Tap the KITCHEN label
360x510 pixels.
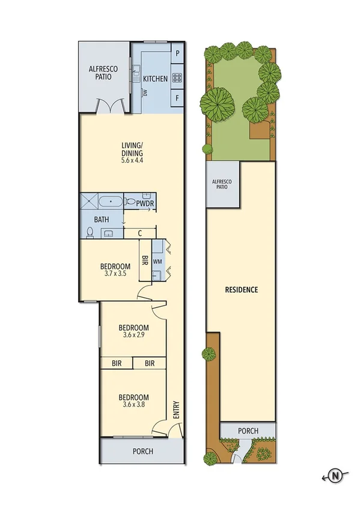(155, 79)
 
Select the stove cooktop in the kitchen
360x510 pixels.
(177, 77)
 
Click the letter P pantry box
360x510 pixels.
(177, 53)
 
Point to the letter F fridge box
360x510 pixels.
(177, 97)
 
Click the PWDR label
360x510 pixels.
(145, 204)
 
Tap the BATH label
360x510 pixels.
(102, 220)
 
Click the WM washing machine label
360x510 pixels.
(157, 262)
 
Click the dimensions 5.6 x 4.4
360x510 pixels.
(132, 161)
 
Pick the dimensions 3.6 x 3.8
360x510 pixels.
(133, 405)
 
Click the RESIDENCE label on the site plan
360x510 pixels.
(242, 289)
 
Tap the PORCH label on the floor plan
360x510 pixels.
(142, 451)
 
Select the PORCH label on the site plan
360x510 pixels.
(248, 431)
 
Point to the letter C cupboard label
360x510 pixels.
(139, 233)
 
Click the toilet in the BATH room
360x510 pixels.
(90, 232)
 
